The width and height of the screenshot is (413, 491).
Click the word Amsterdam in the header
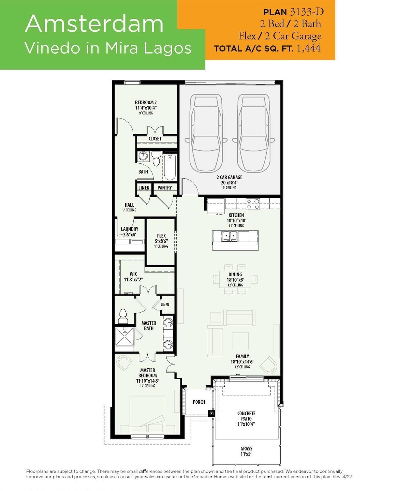click(94, 24)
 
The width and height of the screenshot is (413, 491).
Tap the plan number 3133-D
click(307, 12)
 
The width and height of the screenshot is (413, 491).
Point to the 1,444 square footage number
click(309, 48)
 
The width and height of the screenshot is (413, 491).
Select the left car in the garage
click(206, 133)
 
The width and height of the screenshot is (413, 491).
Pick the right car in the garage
click(253, 133)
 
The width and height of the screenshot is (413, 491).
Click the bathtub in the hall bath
click(170, 167)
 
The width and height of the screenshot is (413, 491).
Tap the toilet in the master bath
click(123, 316)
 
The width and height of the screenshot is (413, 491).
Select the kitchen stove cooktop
click(253, 204)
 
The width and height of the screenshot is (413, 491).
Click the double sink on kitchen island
click(230, 236)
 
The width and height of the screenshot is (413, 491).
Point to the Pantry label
click(165, 188)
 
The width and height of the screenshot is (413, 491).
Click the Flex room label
click(161, 236)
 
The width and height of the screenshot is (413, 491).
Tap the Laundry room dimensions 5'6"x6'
click(130, 235)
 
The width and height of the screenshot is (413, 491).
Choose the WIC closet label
click(133, 274)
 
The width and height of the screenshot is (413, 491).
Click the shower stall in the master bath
click(124, 337)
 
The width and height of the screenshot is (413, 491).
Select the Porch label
click(199, 402)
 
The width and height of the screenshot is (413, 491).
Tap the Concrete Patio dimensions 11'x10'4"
click(246, 424)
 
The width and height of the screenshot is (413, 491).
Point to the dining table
click(235, 279)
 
